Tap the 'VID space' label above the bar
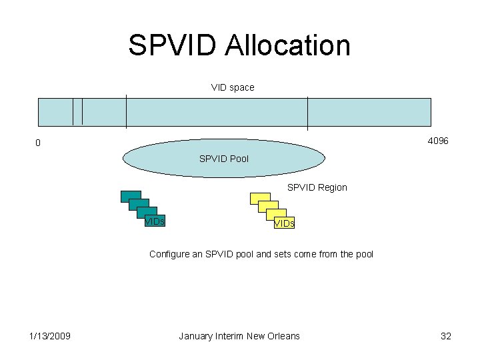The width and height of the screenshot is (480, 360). pyautogui.click(x=233, y=87)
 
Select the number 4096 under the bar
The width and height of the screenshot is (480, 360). pyautogui.click(x=437, y=141)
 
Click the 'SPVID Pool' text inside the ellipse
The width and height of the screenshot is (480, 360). pyautogui.click(x=224, y=159)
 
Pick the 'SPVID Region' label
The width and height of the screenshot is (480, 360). pyautogui.click(x=317, y=187)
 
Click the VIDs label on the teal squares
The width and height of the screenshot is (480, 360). pyautogui.click(x=155, y=221)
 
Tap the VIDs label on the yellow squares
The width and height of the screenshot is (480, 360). pyautogui.click(x=284, y=224)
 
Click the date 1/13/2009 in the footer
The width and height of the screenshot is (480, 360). pyautogui.click(x=50, y=336)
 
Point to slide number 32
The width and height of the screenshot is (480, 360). pyautogui.click(x=446, y=336)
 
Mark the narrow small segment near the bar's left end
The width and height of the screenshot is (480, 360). pyautogui.click(x=77, y=111)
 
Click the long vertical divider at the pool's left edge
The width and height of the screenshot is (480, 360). pyautogui.click(x=126, y=112)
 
